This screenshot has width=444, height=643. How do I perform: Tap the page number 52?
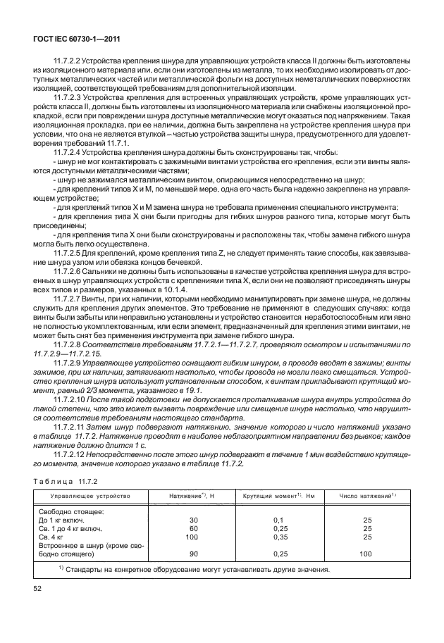pos(37,587)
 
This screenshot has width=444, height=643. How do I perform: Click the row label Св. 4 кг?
pos(54,537)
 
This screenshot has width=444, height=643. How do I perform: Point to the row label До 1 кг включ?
pos(65,519)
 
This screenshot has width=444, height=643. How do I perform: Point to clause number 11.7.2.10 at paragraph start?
pos(72,398)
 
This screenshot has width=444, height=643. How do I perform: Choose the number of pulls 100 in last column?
pos(366,554)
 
